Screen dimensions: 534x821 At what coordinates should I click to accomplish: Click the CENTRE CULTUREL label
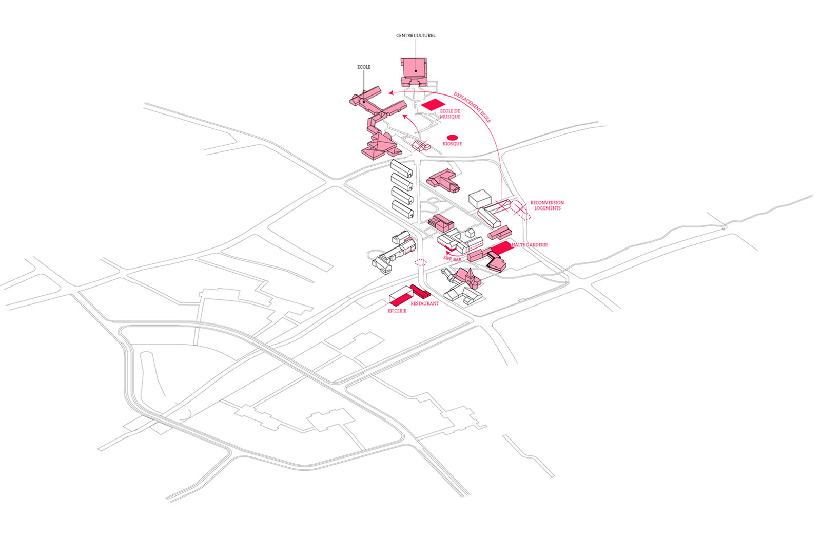(416, 36)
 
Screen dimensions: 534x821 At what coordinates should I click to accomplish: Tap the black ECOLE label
(364, 67)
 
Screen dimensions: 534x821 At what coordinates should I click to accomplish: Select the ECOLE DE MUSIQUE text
(450, 114)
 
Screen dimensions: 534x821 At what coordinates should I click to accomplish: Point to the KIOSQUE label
(452, 144)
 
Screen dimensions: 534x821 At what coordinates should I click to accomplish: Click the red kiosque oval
(452, 137)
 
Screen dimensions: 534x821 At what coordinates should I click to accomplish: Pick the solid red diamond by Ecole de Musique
(433, 105)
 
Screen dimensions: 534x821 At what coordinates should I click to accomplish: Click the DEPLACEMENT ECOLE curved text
(473, 107)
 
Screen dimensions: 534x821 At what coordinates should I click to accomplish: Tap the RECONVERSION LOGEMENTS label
(547, 205)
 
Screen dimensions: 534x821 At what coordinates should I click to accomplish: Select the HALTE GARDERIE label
(529, 245)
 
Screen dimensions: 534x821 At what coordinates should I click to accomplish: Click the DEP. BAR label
(453, 260)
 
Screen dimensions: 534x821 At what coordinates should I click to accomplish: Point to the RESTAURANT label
(425, 304)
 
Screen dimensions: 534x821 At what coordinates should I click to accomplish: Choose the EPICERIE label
(397, 311)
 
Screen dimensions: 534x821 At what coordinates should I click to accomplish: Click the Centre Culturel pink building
(414, 72)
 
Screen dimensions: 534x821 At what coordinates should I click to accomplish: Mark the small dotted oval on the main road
(421, 262)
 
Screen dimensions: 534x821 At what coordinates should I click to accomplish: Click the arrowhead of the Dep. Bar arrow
(446, 252)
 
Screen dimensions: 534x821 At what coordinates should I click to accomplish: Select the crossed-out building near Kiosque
(421, 146)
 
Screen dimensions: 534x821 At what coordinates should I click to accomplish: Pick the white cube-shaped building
(481, 199)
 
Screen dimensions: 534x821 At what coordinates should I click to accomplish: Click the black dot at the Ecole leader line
(364, 101)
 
